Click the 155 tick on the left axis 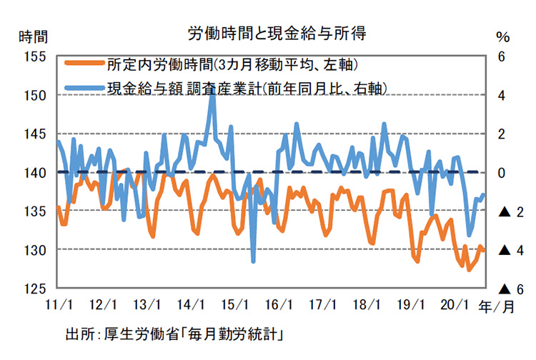tap(34, 56)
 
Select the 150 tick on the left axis tap(34, 95)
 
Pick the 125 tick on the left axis tap(34, 289)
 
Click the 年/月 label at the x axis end tap(496, 306)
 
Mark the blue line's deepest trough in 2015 tap(254, 261)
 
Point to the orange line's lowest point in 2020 tap(470, 270)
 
